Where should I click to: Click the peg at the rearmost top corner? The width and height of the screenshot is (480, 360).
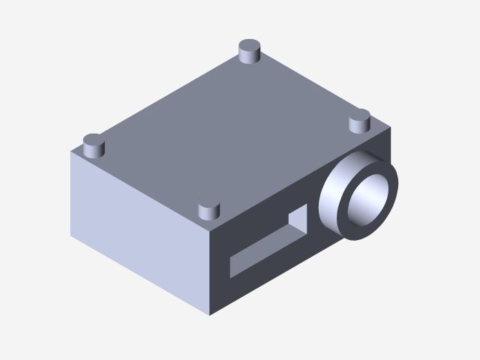[248, 52]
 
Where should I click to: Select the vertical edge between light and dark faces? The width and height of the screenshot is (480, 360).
[211, 270]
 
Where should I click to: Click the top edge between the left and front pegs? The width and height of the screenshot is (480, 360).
[150, 188]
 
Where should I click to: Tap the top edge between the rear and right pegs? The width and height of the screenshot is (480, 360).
[315, 89]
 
